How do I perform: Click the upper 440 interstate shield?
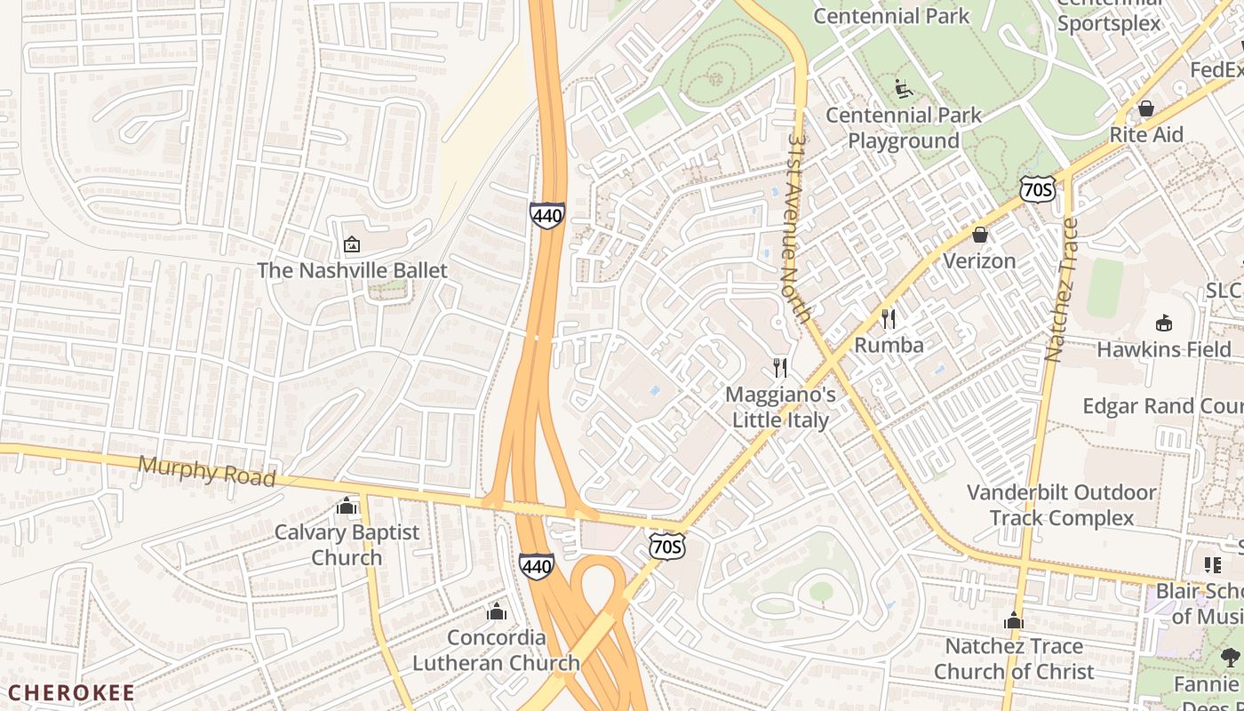tap(546, 215)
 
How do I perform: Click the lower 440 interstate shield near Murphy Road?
tap(537, 565)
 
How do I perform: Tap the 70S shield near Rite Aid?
tap(1037, 188)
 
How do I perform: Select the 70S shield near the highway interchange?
tap(666, 546)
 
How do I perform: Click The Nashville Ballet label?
tap(352, 270)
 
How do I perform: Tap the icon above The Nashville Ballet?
tap(352, 244)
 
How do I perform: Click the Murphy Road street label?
tap(207, 470)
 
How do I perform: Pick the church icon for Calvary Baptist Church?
tap(347, 507)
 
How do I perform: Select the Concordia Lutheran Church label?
tap(496, 650)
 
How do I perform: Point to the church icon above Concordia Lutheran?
tap(497, 611)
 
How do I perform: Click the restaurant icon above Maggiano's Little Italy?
tap(780, 367)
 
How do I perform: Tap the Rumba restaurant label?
tap(889, 345)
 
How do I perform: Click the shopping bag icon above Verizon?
tap(979, 235)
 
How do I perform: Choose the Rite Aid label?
tap(1146, 134)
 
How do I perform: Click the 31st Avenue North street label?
tap(798, 228)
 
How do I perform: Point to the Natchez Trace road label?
tap(1061, 289)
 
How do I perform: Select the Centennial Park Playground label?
tap(904, 128)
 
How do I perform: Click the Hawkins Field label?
tap(1163, 349)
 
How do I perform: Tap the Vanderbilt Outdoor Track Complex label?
tap(1061, 505)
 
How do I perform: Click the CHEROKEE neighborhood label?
tap(71, 692)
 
